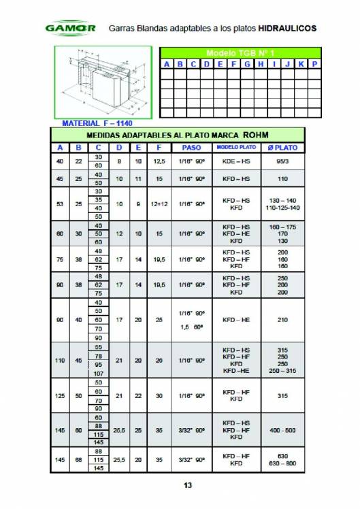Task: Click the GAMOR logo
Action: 70,29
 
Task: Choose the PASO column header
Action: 191,147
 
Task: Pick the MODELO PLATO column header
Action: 236,147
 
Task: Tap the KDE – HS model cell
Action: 236,161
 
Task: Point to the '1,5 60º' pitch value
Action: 191,327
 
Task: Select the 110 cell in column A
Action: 60,359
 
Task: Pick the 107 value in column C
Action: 99,373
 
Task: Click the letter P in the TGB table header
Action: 314,63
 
